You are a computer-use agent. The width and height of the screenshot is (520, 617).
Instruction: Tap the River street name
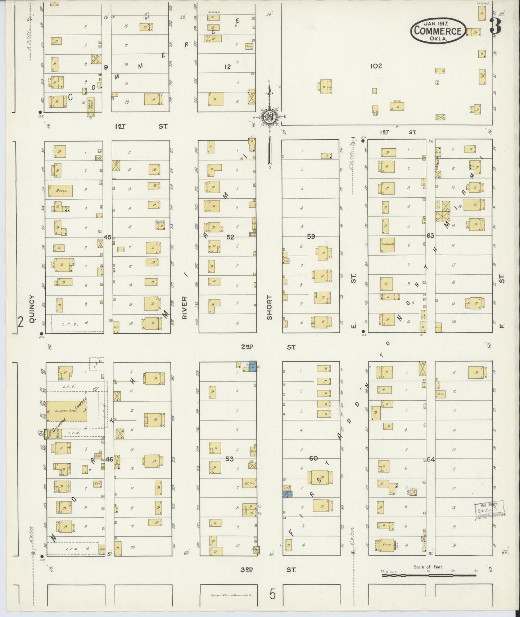point(185,308)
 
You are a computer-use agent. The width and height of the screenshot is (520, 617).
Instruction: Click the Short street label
point(269,308)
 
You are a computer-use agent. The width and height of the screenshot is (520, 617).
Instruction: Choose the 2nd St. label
point(268,347)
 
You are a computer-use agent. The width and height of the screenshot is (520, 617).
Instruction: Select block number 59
point(311,237)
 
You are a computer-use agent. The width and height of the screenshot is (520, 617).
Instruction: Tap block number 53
point(229,459)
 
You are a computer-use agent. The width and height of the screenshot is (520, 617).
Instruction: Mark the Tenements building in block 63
point(387,244)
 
